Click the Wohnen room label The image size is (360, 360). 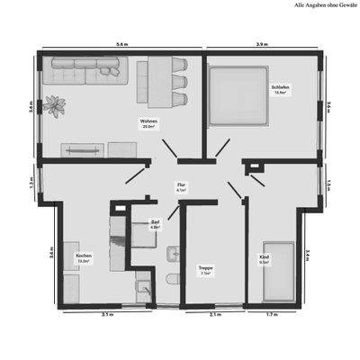click(148, 123)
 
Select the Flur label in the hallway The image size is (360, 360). click(181, 188)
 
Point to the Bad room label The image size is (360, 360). click(155, 224)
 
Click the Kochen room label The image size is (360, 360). click(84, 258)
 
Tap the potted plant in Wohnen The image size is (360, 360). click(58, 105)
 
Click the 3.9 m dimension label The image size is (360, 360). click(261, 44)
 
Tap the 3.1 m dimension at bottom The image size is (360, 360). click(107, 316)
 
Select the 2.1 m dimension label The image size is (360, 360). click(214, 316)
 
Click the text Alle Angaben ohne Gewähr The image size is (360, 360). click(326, 5)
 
